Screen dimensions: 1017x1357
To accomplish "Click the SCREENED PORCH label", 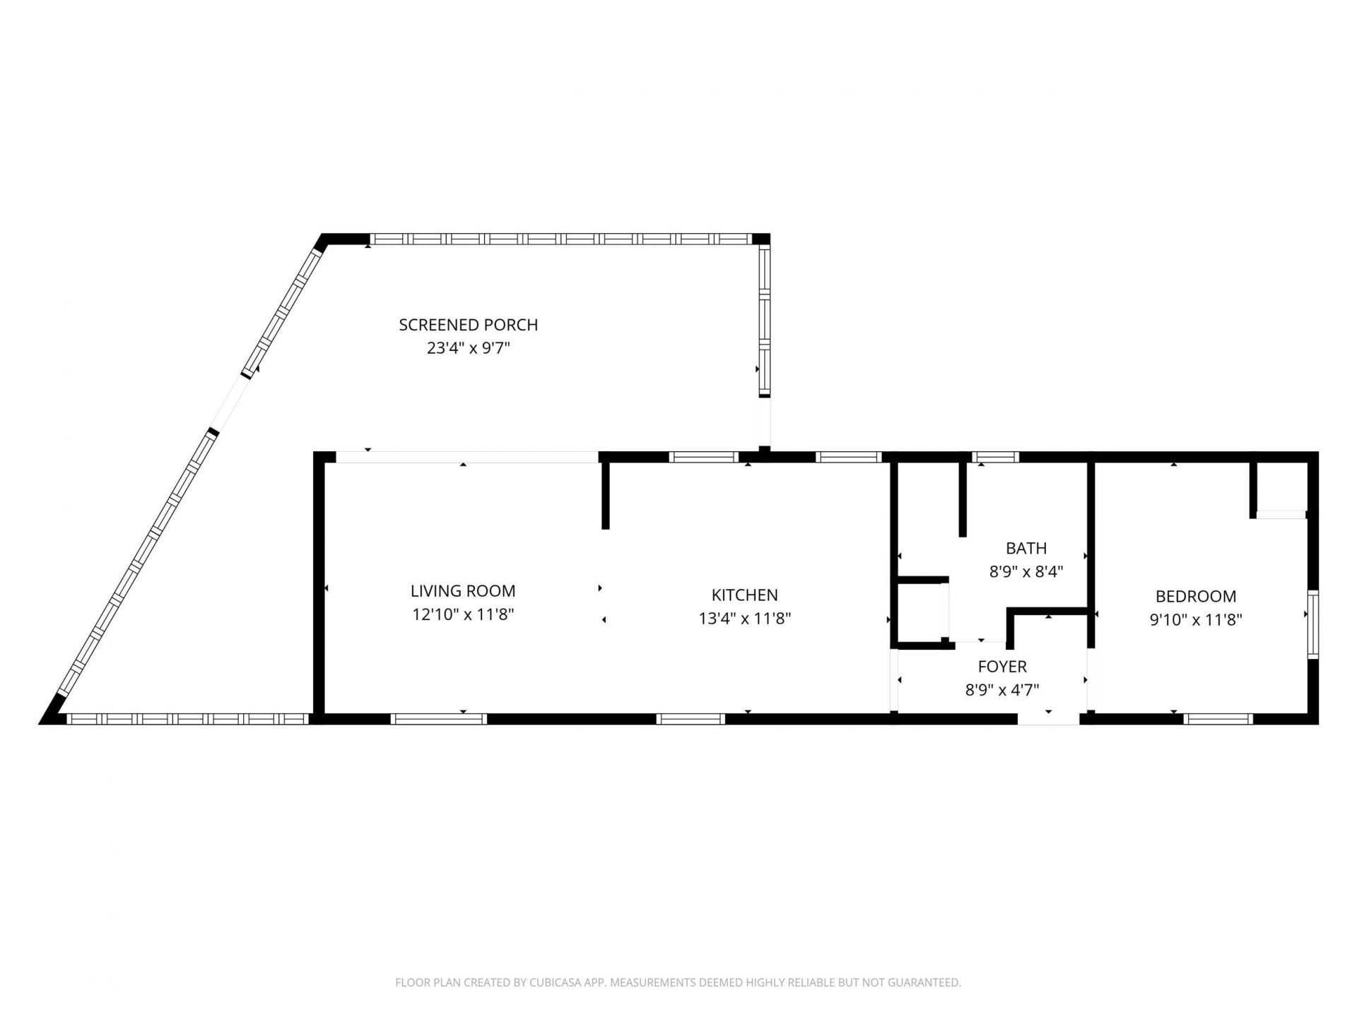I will [x=468, y=325].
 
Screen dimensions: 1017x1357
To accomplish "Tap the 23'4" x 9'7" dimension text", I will [x=468, y=348].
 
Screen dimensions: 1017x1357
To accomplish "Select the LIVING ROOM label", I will [x=463, y=591].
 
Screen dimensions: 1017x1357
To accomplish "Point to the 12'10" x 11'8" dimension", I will [x=463, y=614].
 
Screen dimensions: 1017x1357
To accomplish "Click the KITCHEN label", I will [x=744, y=595].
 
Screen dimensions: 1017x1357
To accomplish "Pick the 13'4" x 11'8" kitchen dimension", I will [x=744, y=619].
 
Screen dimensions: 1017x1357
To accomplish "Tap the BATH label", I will [x=1026, y=548].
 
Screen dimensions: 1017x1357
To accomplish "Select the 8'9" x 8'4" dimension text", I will [x=1026, y=571].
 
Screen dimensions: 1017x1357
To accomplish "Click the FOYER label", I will [x=1002, y=667].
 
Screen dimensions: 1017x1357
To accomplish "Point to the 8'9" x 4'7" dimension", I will [x=1002, y=690].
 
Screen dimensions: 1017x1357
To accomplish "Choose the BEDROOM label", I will [x=1196, y=597].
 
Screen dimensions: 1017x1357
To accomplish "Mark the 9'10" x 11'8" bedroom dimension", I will [x=1196, y=620].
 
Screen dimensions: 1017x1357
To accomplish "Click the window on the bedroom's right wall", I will [x=1312, y=624].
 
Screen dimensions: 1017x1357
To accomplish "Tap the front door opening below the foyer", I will [x=1048, y=718].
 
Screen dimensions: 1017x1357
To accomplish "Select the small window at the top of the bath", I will [x=996, y=457].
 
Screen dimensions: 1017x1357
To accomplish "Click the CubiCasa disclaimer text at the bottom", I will [x=678, y=982].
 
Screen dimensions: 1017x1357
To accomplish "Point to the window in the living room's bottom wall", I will [x=438, y=719].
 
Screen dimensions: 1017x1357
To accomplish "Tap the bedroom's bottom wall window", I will [x=1218, y=719].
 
